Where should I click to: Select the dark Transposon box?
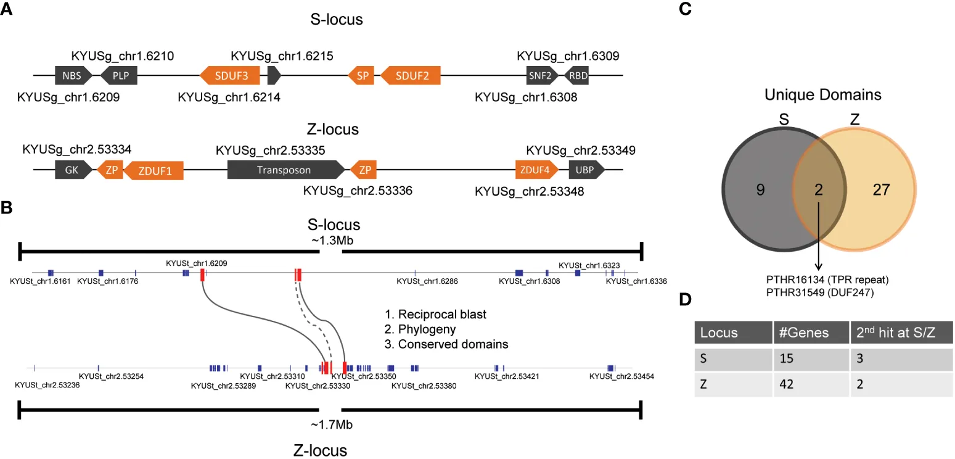click(284, 170)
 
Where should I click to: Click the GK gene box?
click(73, 170)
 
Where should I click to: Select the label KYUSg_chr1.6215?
click(282, 56)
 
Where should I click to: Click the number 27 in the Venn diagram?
click(882, 190)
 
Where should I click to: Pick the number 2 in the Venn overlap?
click(818, 190)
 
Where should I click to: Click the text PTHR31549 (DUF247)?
click(818, 294)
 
